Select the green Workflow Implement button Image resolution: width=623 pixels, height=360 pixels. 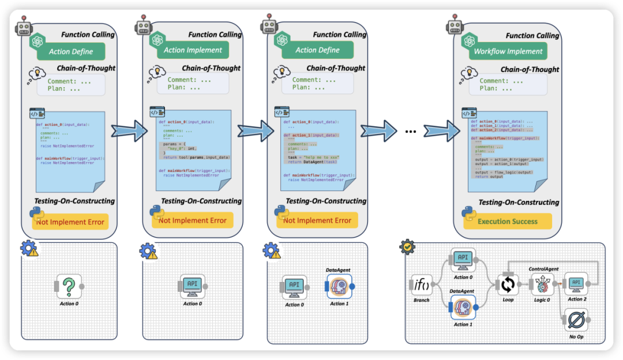508,51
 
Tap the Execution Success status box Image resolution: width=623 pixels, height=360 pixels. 507,221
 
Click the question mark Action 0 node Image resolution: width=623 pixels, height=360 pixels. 69,286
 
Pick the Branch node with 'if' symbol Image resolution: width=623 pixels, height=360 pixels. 421,284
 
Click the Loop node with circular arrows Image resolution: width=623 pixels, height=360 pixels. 508,284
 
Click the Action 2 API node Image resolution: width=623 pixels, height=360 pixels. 576,283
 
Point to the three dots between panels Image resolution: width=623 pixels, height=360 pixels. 410,131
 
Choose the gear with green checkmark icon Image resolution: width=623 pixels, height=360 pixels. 407,247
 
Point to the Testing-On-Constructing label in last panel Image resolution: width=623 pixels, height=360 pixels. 519,202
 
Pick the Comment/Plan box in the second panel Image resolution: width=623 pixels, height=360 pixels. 193,84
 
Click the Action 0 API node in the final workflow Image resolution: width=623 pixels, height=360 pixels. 462,260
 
